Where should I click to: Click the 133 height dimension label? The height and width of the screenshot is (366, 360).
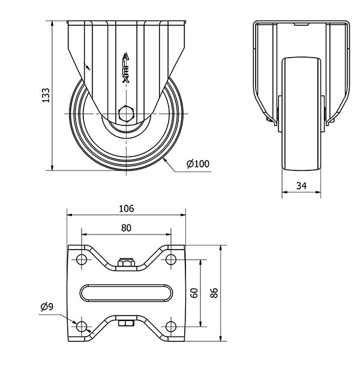(46, 95)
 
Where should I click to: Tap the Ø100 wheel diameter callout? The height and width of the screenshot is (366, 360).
(198, 164)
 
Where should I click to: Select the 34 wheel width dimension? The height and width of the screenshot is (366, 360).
(301, 186)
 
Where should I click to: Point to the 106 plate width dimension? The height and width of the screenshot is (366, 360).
(127, 208)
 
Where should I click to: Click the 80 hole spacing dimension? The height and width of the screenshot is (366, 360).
(127, 228)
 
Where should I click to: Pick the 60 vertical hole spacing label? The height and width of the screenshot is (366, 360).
(194, 293)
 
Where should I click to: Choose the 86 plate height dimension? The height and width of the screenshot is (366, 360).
(214, 293)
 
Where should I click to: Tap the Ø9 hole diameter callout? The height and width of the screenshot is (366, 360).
(47, 307)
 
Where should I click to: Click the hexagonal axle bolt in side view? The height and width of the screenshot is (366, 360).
(126, 113)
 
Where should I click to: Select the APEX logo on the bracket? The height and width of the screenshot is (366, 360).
(126, 68)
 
